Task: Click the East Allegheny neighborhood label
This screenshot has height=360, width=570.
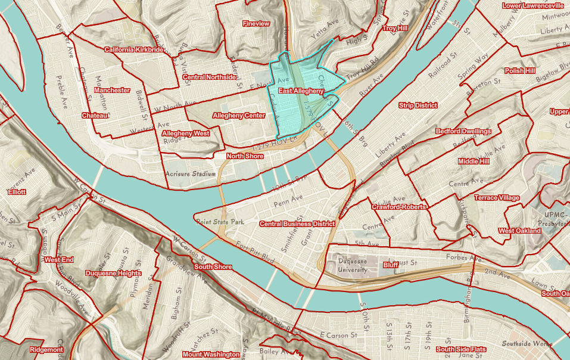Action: pos(301,91)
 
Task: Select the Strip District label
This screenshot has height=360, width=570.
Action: pos(418,105)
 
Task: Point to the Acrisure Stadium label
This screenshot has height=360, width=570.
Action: pos(190,174)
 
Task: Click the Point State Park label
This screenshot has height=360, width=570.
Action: pos(220,222)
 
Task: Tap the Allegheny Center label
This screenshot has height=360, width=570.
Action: pos(239,115)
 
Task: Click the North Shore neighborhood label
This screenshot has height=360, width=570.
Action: pos(245,156)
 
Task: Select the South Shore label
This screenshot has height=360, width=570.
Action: pos(213,266)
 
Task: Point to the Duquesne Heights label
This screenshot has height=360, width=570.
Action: pos(113,274)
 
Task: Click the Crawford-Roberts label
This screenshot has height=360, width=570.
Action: pos(399,207)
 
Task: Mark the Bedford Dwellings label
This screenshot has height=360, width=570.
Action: pos(463,131)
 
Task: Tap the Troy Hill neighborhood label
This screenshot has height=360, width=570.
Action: pos(394,28)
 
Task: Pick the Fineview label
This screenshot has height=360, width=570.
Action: pos(256,23)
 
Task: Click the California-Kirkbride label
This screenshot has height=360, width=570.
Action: pos(134,49)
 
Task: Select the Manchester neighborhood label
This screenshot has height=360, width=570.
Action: pos(112,90)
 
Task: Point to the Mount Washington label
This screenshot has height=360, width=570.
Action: pos(211,354)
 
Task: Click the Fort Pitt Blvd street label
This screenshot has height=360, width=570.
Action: pos(254,248)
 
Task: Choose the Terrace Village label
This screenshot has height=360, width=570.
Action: pos(497,197)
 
